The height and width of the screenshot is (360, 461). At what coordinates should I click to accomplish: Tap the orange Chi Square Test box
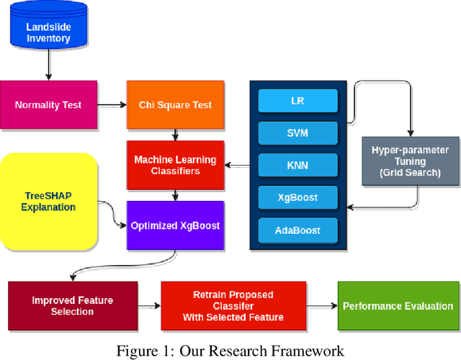(175, 105)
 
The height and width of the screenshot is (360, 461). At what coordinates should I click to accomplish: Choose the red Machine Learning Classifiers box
(175, 165)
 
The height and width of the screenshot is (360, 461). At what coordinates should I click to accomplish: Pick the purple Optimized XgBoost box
(175, 225)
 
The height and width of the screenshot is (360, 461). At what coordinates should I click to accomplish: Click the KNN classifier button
(297, 166)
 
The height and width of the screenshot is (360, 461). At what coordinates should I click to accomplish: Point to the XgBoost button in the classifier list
(297, 198)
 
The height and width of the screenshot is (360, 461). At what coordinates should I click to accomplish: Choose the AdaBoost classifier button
(297, 230)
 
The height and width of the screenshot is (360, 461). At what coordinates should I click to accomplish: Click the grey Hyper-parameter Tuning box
(410, 162)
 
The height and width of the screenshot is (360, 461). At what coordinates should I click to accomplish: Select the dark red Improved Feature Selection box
(72, 306)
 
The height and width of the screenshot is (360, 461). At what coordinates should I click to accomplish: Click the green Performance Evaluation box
(398, 306)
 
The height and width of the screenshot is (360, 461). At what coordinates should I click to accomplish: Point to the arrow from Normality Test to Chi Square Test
(111, 105)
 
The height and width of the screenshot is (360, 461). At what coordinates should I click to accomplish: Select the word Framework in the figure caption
(307, 351)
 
